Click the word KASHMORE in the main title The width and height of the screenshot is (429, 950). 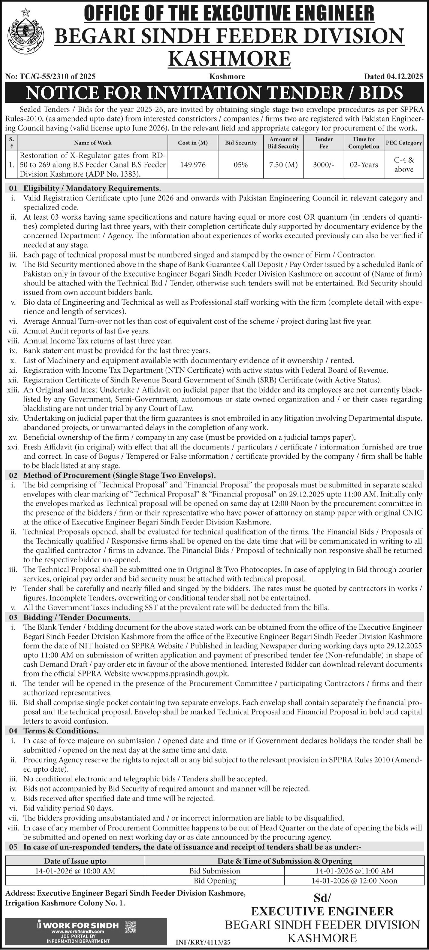click(229, 58)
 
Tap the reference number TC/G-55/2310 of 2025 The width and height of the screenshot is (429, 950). click(51, 77)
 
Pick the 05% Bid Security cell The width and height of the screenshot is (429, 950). click(240, 165)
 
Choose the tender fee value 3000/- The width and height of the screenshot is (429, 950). click(324, 165)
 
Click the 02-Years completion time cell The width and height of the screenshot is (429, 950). click(364, 165)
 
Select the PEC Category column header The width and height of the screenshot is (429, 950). click(403, 143)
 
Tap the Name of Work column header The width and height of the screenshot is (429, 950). click(92, 143)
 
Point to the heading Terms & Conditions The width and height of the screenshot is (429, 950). click(61, 731)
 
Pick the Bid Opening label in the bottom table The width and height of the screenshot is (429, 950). click(215, 881)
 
